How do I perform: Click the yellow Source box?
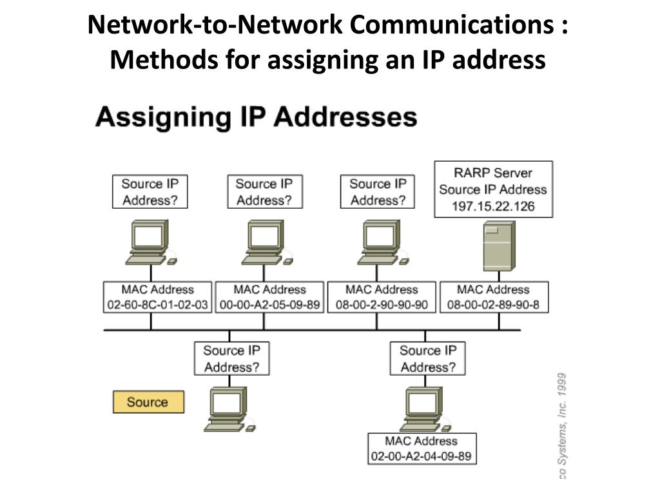148,402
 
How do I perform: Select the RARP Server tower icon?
499,246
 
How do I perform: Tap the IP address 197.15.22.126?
493,207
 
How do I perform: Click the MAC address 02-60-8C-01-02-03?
157,305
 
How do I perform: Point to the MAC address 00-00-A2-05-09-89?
269,305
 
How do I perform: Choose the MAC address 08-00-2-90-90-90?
382,305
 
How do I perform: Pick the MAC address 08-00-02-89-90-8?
493,305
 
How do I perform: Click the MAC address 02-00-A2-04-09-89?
422,457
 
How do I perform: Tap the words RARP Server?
493,173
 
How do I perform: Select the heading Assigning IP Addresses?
256,117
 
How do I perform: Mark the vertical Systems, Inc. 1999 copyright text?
561,425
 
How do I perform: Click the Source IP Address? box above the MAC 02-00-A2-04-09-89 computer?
427,358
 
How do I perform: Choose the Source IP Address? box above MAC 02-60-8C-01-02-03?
150,191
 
